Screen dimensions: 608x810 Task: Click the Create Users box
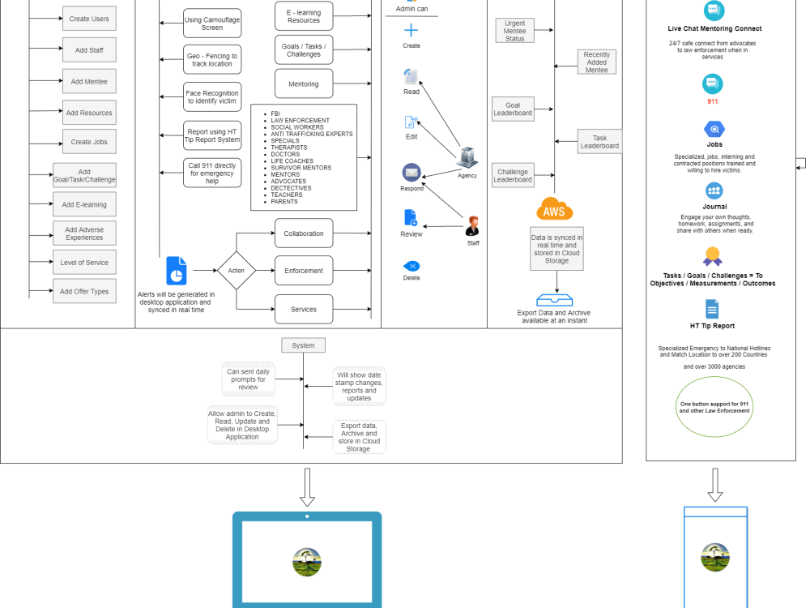click(x=89, y=19)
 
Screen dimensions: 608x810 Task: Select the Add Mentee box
click(x=89, y=81)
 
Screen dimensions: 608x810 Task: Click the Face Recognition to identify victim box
click(x=212, y=97)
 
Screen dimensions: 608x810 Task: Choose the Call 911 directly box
click(x=212, y=173)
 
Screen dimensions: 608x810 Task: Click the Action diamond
click(x=237, y=271)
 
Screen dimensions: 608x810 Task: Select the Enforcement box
click(x=304, y=271)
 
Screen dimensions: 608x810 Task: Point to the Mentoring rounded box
click(x=304, y=83)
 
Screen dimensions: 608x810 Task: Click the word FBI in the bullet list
click(x=276, y=113)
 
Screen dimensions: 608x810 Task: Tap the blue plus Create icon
click(x=411, y=31)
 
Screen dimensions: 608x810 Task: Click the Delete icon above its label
click(x=411, y=266)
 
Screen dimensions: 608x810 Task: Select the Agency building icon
click(x=467, y=158)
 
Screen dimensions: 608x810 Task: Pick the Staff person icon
click(x=473, y=226)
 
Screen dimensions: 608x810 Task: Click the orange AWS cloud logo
click(x=555, y=209)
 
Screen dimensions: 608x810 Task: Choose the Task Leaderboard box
click(x=599, y=142)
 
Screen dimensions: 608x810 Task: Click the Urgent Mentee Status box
click(x=515, y=31)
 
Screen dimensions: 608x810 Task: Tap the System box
click(x=304, y=345)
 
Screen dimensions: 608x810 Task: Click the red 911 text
click(x=713, y=101)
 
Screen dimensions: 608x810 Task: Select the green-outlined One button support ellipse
click(x=714, y=407)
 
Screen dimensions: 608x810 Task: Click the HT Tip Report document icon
click(x=712, y=309)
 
